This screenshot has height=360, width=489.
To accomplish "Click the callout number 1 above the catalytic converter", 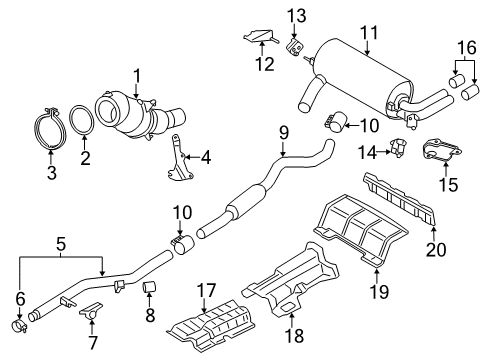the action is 137,77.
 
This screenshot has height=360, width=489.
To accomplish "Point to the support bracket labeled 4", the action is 178,158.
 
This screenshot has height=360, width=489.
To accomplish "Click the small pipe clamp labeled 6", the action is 19,326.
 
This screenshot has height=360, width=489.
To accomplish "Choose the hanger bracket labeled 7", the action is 91,310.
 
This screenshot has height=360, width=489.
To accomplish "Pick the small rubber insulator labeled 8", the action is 149,286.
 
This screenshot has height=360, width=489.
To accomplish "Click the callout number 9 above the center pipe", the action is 283,133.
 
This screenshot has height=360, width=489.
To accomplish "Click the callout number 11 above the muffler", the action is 369,33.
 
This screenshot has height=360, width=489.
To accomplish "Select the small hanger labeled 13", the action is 294,47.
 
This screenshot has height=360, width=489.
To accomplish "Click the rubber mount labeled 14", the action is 398,147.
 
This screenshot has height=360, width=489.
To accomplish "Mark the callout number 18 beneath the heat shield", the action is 295,335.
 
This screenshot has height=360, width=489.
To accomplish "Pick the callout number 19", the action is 379,291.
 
